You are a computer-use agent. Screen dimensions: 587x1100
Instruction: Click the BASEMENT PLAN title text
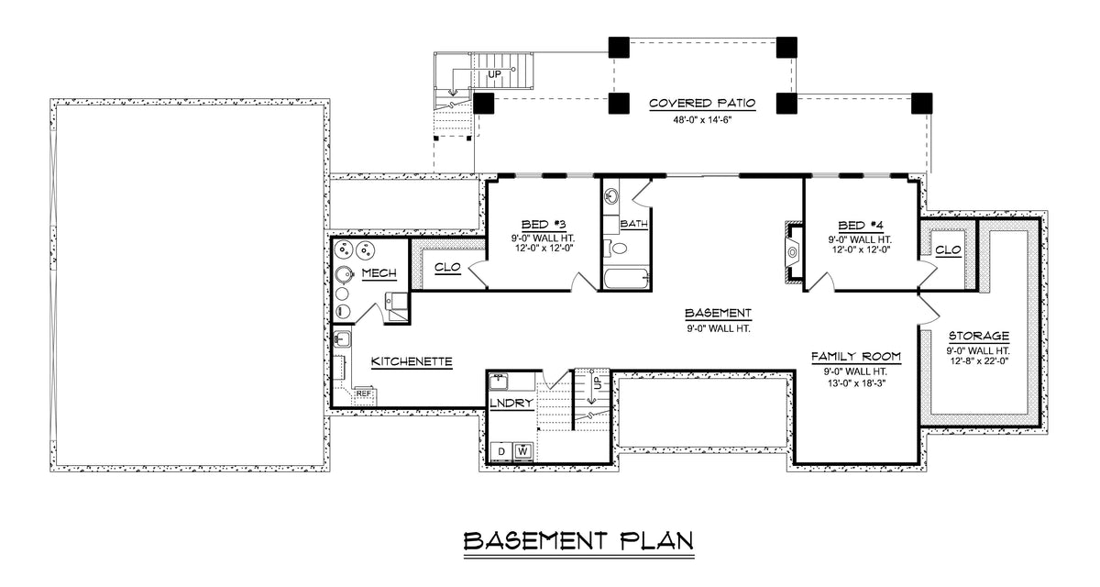(577, 541)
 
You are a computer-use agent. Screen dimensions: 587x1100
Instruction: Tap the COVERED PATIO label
(702, 104)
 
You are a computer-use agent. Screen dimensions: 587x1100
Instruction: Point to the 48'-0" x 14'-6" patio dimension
(702, 119)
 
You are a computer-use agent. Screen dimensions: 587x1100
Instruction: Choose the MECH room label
(379, 274)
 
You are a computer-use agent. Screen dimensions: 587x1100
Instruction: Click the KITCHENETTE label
(412, 362)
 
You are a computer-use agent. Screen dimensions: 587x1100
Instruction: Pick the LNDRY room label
(511, 403)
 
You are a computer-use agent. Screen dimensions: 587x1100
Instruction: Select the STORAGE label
(978, 336)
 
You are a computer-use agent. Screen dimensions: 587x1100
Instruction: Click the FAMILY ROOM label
(856, 356)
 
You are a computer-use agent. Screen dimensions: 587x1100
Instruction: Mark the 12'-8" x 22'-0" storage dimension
(978, 362)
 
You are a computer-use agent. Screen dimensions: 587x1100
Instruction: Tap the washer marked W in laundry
(523, 450)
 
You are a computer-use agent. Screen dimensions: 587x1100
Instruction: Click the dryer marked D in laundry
(502, 450)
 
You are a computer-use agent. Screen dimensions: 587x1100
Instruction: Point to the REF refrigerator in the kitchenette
(364, 393)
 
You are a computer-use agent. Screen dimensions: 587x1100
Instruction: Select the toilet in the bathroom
(618, 248)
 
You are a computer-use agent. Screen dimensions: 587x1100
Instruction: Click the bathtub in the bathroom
(627, 278)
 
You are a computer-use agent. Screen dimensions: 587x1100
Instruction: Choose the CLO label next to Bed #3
(446, 268)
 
